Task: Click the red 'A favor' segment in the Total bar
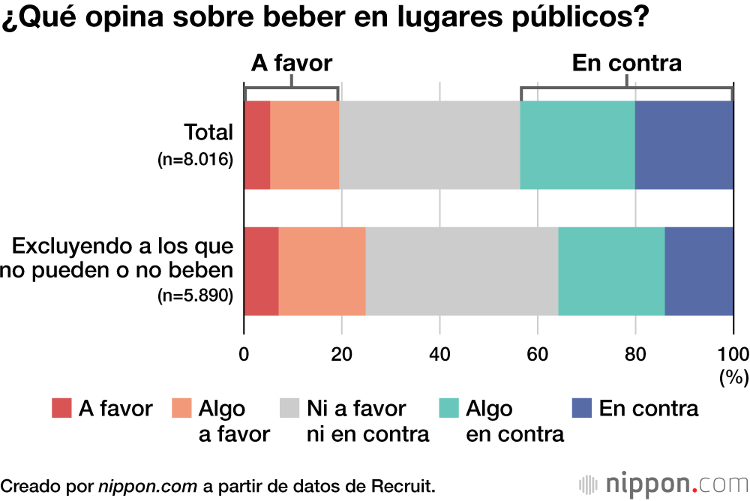[x=257, y=145]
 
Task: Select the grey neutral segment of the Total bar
[x=430, y=145]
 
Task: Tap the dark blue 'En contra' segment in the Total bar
[x=684, y=145]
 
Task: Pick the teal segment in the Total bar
[x=577, y=145]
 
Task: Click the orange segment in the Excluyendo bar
[x=322, y=271]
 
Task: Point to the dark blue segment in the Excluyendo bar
[x=699, y=271]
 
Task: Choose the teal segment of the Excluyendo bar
[x=611, y=271]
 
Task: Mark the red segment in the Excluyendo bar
[x=262, y=271]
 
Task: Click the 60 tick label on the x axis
[x=538, y=354]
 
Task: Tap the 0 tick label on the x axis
[x=244, y=354]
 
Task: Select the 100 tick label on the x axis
[x=733, y=354]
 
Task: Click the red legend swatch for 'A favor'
[x=61, y=409]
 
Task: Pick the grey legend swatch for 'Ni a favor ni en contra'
[x=289, y=409]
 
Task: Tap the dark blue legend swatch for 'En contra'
[x=582, y=409]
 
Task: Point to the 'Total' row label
[x=209, y=133]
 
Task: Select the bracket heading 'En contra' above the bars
[x=627, y=63]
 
